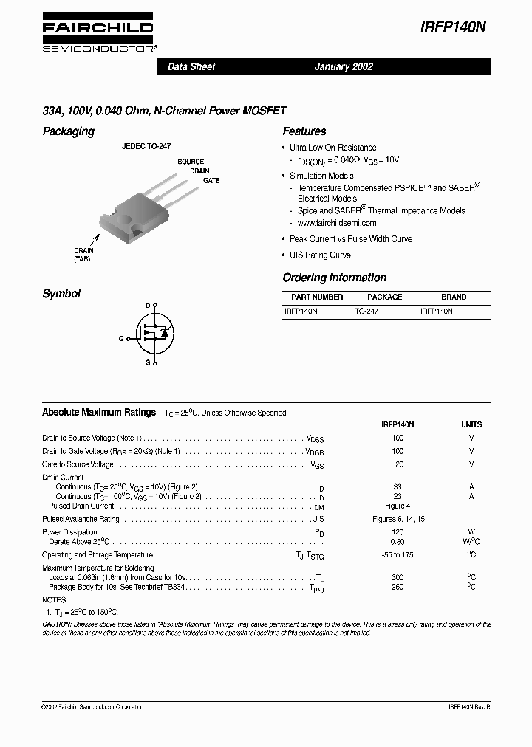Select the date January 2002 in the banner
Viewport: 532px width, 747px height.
(x=344, y=66)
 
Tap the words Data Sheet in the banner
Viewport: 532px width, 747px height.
(x=191, y=66)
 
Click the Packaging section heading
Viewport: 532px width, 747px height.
(x=68, y=131)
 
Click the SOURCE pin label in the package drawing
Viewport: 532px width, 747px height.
(x=191, y=162)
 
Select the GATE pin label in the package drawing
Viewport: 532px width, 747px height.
(x=211, y=181)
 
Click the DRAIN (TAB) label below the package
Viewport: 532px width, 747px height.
(x=83, y=255)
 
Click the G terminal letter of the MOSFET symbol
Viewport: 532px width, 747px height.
(x=121, y=338)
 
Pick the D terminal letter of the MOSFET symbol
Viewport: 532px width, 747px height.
(x=148, y=305)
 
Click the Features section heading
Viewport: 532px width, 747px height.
(x=304, y=131)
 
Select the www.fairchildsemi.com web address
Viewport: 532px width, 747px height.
(x=337, y=223)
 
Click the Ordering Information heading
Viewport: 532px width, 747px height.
(x=334, y=278)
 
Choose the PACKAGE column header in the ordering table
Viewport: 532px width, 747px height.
(x=384, y=297)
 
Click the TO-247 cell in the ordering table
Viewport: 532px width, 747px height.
(x=366, y=312)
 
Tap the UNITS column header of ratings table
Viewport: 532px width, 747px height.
(x=471, y=424)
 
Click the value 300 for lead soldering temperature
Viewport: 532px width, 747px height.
(x=398, y=576)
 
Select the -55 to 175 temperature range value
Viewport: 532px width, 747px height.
(x=398, y=555)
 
